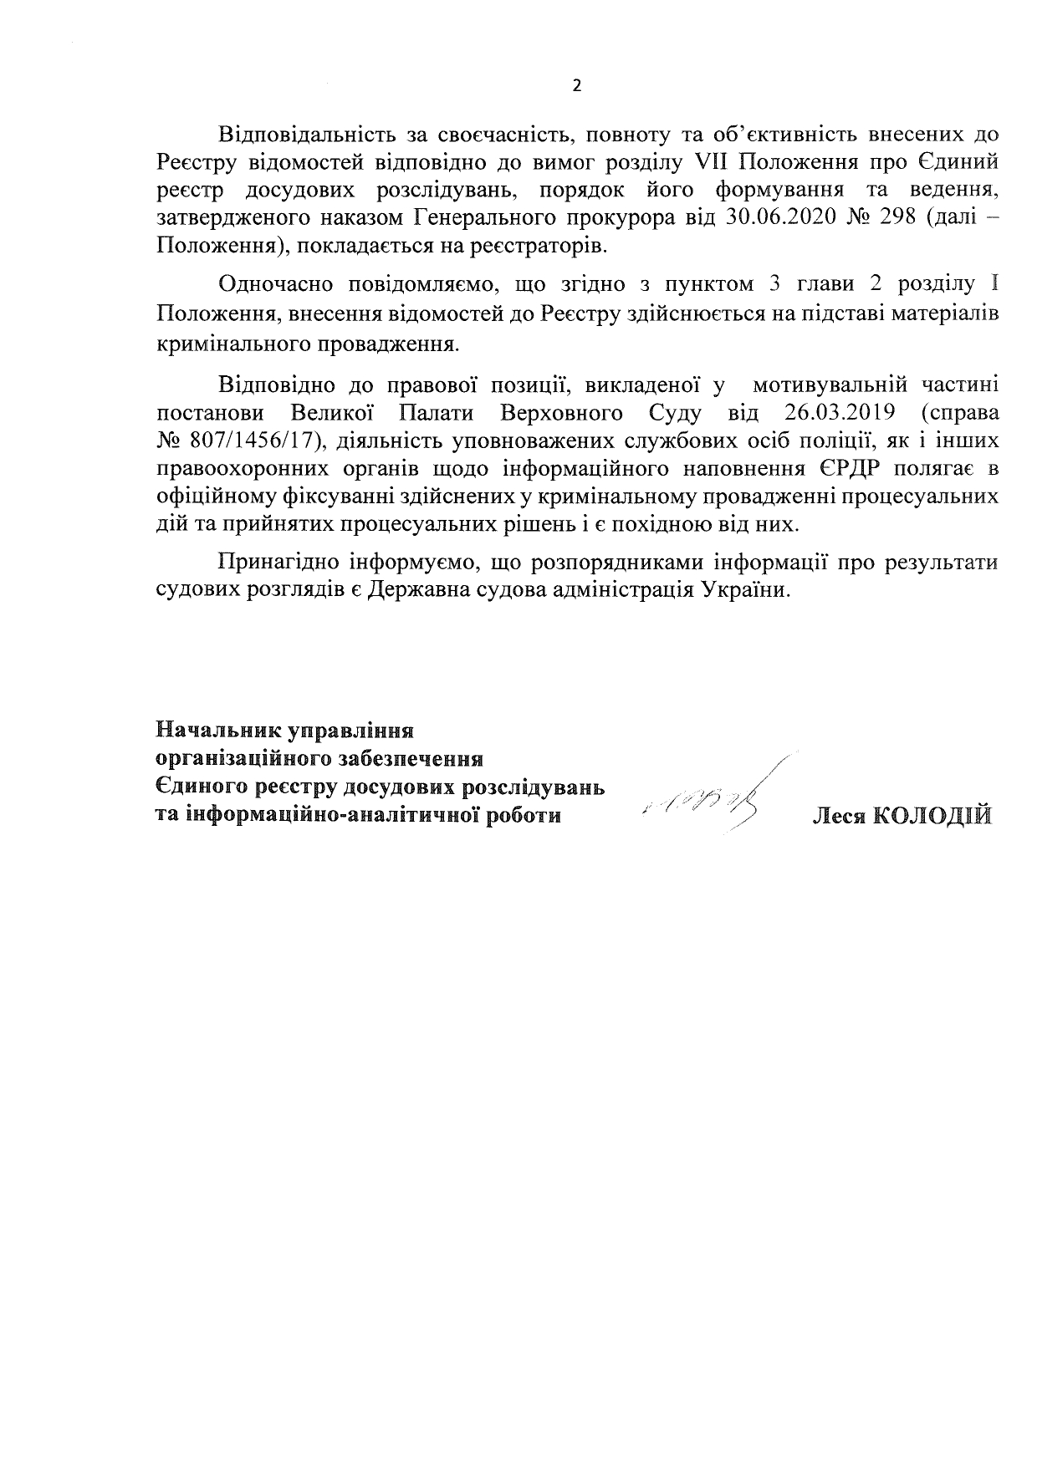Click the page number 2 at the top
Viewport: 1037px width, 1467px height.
575,84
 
